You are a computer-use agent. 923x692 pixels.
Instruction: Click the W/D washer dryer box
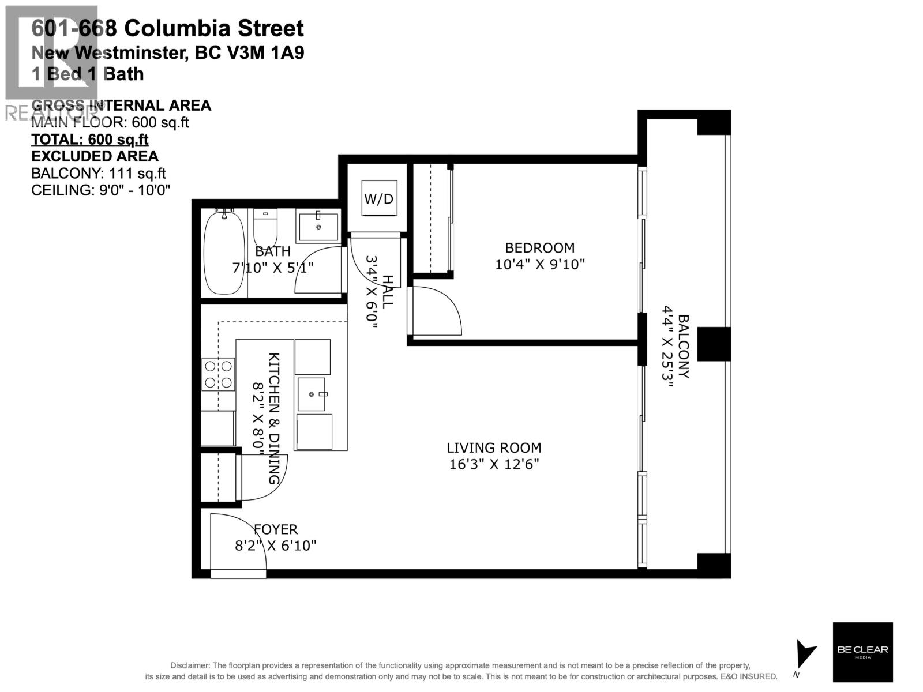379,198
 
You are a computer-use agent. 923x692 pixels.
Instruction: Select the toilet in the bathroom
265,227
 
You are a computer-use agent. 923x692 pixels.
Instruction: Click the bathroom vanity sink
318,226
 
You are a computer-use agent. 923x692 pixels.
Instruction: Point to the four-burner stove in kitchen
218,374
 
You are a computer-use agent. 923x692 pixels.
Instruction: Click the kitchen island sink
312,394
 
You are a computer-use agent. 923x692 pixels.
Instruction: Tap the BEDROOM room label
539,248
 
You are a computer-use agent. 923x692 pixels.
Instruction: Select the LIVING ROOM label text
494,448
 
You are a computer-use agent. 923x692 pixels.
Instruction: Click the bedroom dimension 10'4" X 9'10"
539,265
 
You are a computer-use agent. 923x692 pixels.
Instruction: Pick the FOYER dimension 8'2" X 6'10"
276,545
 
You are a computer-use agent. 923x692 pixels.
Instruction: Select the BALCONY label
683,346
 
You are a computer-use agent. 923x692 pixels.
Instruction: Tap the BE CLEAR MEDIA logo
862,652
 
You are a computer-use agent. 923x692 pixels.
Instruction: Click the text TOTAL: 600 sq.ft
89,140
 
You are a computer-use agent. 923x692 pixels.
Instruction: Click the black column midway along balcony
714,344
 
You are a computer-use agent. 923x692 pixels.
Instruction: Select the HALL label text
388,292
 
